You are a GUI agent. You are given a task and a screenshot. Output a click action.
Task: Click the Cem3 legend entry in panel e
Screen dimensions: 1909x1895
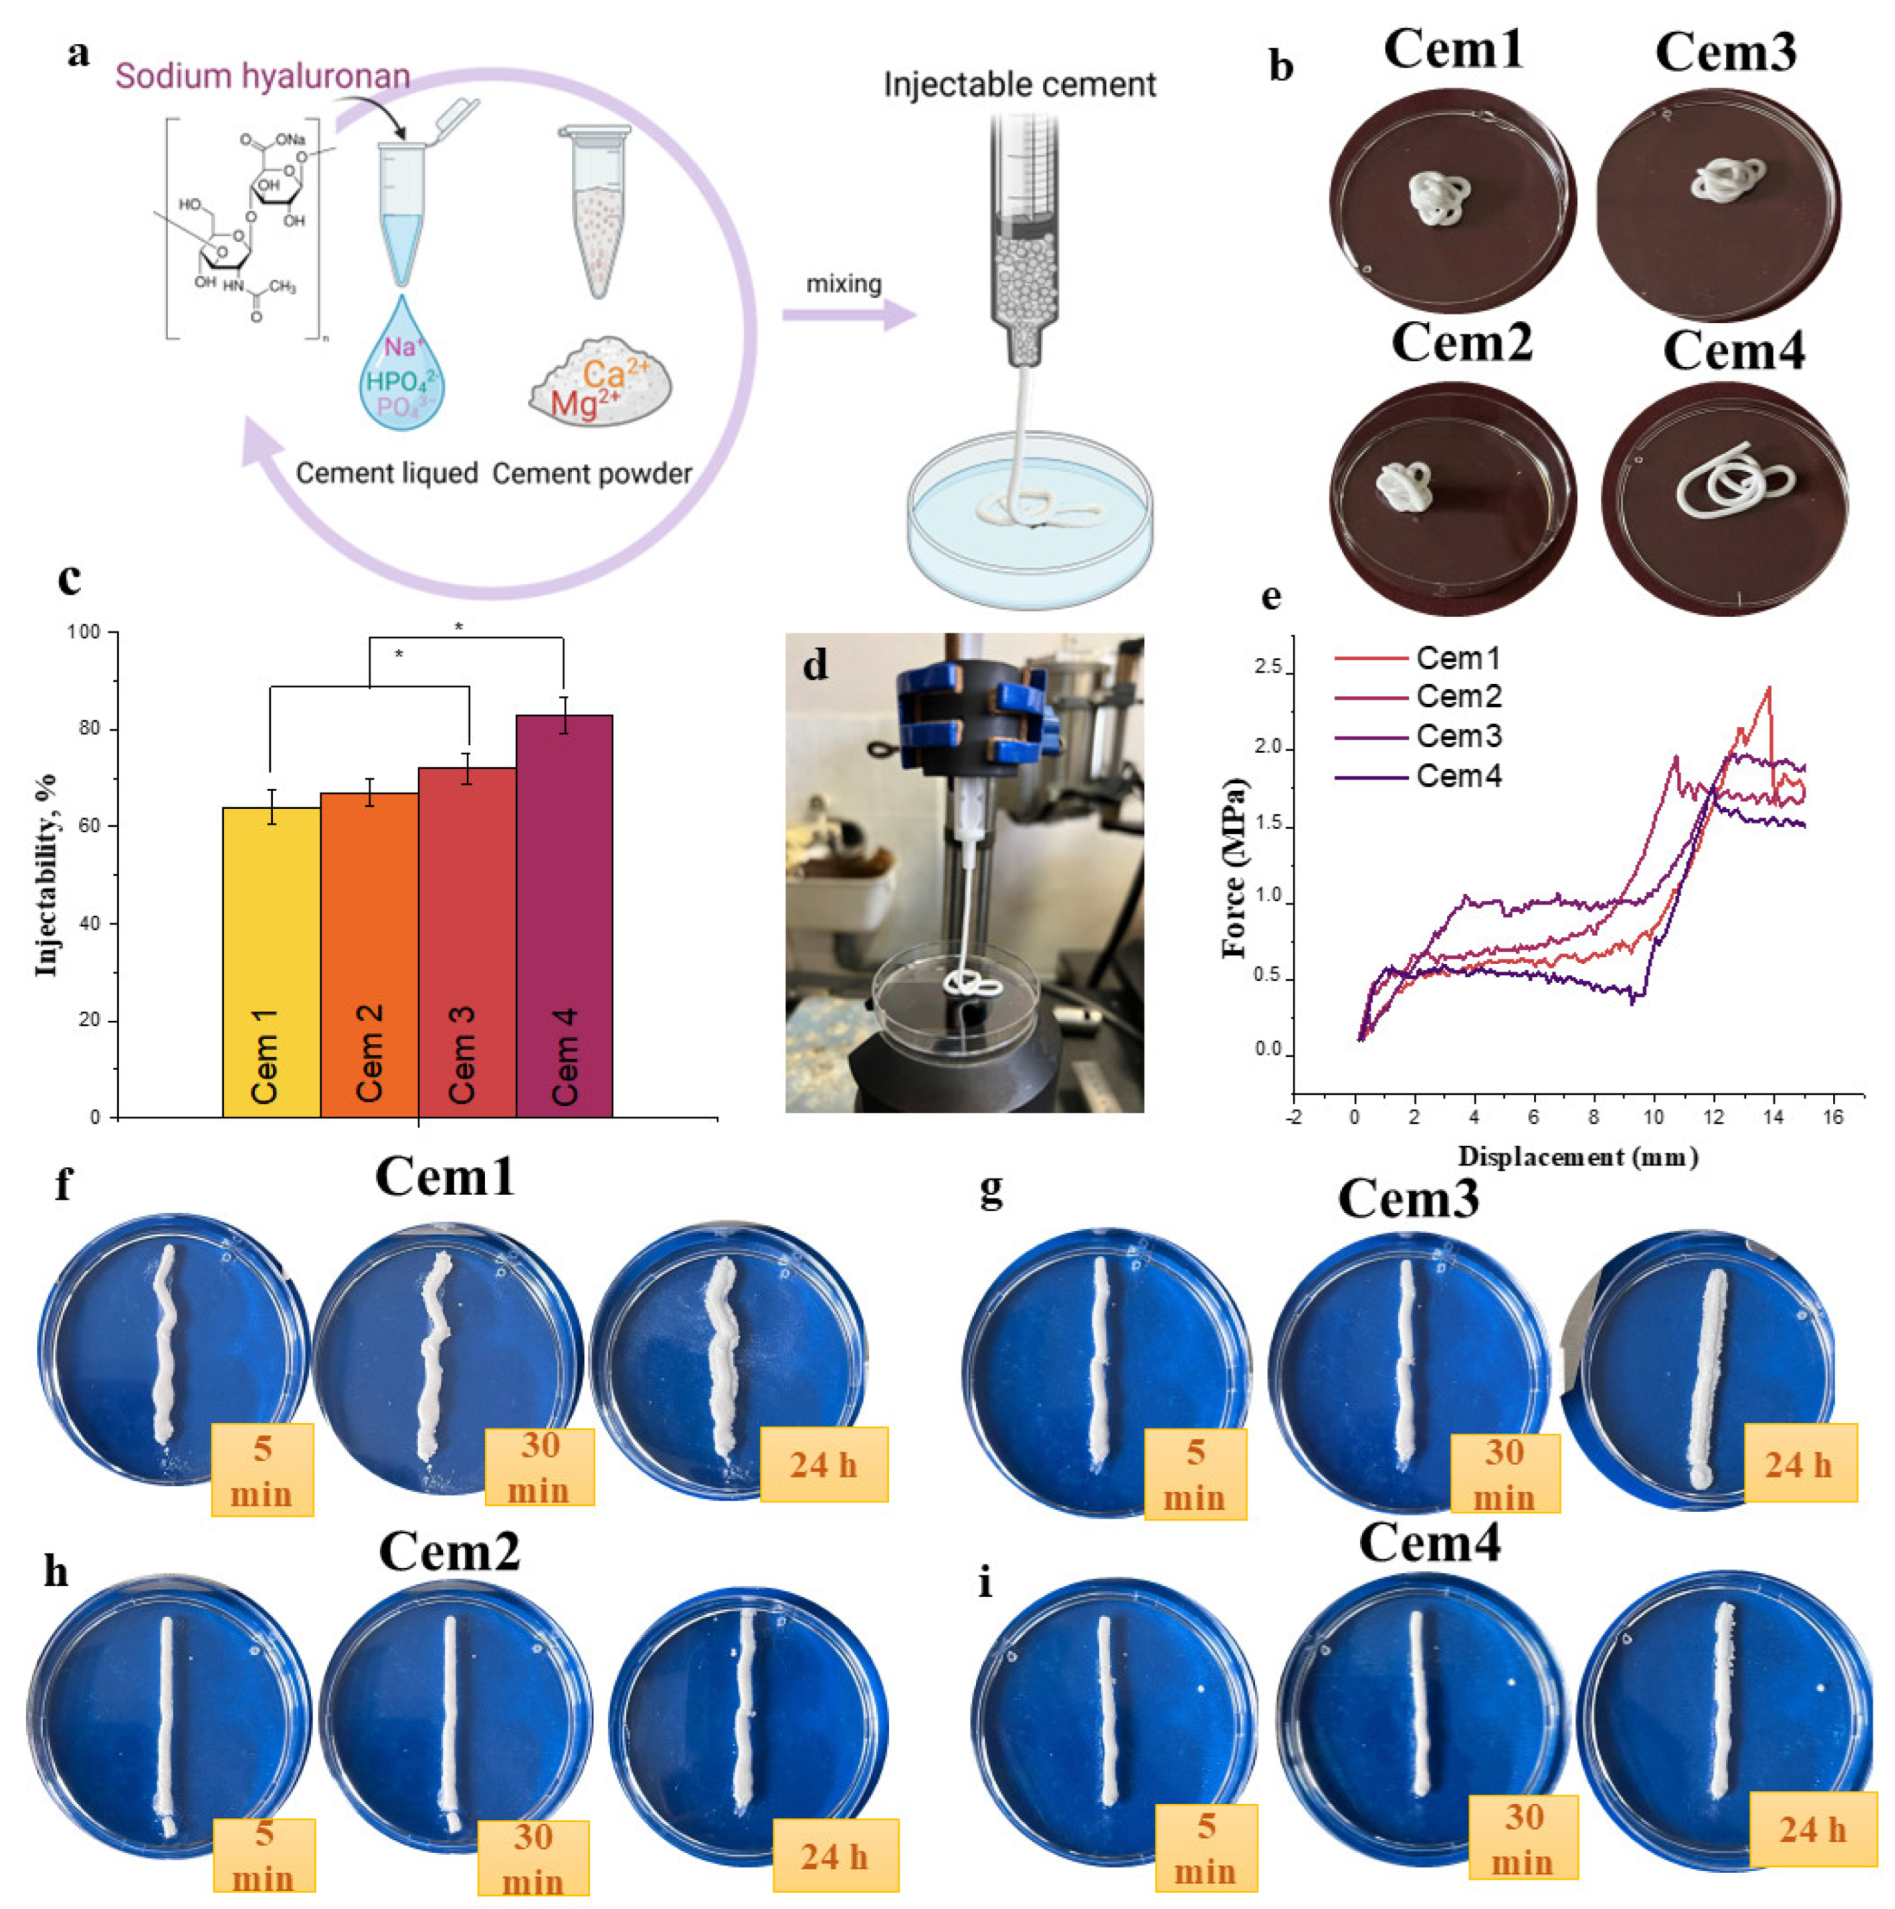[1459, 737]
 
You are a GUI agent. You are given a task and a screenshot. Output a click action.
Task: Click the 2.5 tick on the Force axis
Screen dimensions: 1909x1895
[1268, 668]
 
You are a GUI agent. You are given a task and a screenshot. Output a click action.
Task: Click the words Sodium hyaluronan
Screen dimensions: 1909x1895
[263, 76]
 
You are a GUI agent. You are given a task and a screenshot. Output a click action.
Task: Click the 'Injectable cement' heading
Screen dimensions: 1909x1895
[1019, 85]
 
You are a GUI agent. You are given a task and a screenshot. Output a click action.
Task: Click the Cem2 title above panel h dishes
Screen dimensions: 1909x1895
[449, 1551]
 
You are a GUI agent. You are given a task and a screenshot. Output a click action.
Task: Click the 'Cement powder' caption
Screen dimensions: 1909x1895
[592, 474]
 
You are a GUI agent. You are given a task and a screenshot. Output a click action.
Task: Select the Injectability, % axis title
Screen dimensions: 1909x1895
[46, 874]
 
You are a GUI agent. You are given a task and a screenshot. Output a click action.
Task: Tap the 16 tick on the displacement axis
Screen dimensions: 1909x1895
[1833, 1117]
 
